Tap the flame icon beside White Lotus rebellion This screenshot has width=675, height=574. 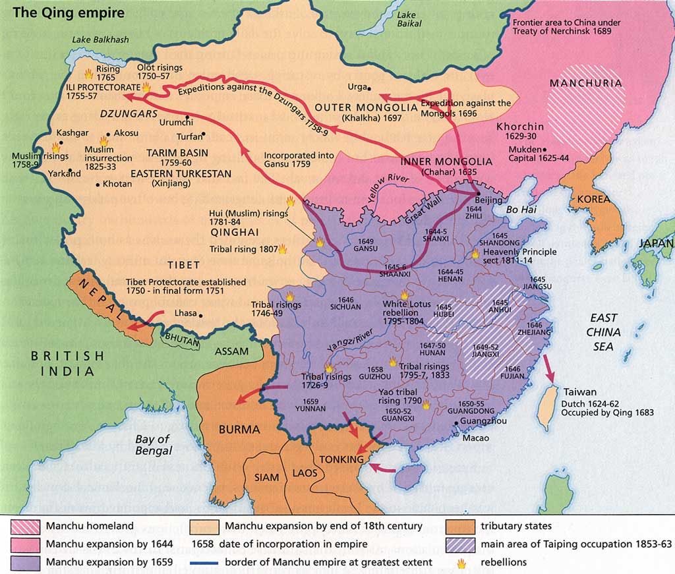point(403,295)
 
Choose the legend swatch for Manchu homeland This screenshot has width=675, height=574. point(26,527)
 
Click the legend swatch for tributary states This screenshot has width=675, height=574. point(459,527)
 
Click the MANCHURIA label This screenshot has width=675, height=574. point(585,84)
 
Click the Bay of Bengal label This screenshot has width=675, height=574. point(153,445)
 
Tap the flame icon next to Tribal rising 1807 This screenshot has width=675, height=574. point(283,249)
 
